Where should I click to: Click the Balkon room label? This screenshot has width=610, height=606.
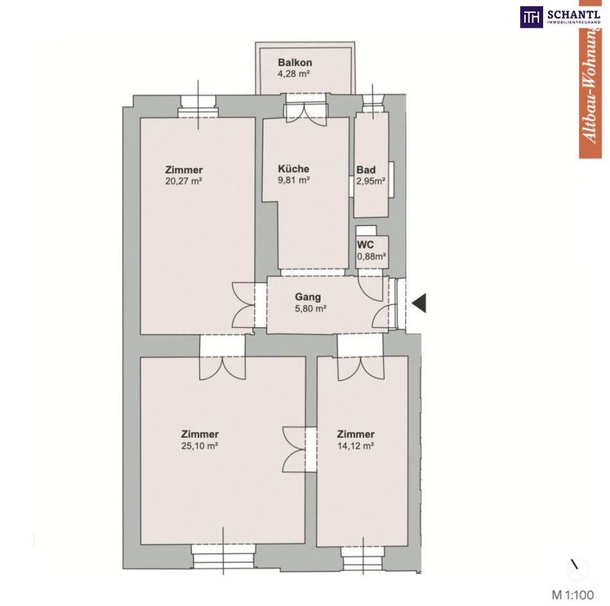tap(295, 62)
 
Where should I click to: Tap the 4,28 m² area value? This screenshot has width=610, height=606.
tap(293, 74)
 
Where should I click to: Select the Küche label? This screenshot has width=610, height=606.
tap(293, 168)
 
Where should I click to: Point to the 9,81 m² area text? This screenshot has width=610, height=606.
tap(293, 180)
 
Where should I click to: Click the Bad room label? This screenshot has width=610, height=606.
tap(366, 170)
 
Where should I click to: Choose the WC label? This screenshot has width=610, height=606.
tap(365, 245)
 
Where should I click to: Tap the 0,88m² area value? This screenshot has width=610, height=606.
tap(372, 256)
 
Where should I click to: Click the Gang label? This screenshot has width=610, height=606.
tap(308, 297)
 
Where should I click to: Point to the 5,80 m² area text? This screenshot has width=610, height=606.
tap(310, 308)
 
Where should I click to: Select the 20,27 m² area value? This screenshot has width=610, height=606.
tap(184, 181)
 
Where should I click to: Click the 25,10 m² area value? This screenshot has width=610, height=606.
tap(200, 445)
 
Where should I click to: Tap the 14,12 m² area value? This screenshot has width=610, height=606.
tap(356, 445)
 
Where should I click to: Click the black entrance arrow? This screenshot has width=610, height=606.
tap(419, 303)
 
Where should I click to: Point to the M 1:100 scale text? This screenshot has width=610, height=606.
tap(573, 594)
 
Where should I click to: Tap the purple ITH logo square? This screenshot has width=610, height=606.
tap(532, 17)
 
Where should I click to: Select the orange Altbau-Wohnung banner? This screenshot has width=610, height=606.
tap(590, 79)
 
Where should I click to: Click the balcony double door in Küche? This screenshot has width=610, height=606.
tap(306, 113)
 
